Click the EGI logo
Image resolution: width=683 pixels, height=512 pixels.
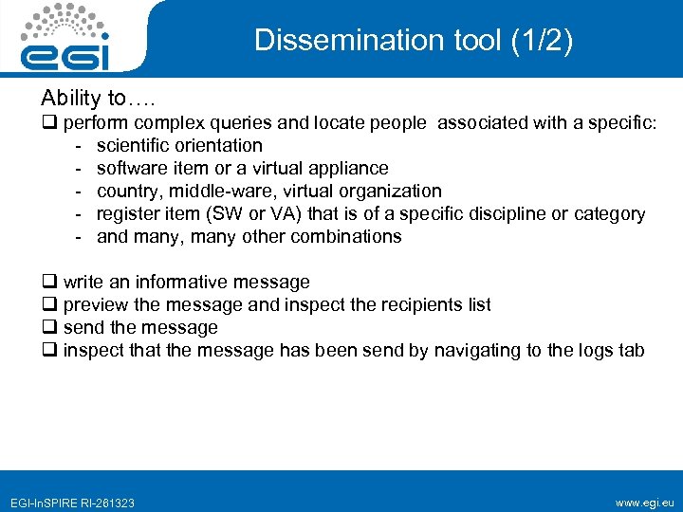(65, 39)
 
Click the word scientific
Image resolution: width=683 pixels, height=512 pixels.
(133, 145)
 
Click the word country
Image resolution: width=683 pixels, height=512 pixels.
(127, 191)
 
